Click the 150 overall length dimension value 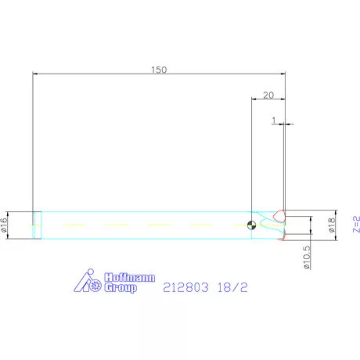click(x=159, y=70)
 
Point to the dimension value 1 click(x=275, y=121)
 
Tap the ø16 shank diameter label click(x=5, y=225)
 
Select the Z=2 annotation click(x=355, y=225)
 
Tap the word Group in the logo click(x=121, y=287)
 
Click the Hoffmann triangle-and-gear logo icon click(x=88, y=282)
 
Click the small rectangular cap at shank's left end click(x=36, y=225)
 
